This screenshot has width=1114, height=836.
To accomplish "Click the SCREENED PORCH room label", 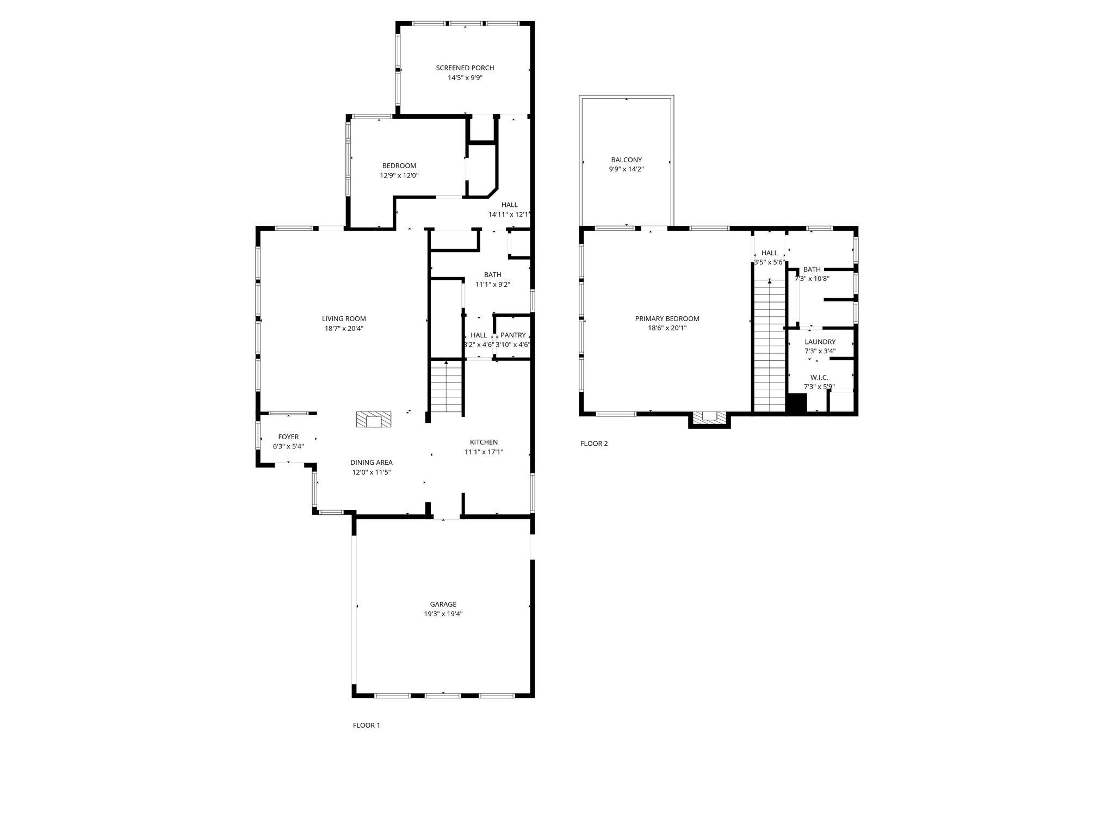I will pos(465,68).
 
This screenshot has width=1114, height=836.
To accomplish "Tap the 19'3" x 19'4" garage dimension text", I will pos(443,613).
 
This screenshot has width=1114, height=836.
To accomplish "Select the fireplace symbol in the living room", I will pos(374,420).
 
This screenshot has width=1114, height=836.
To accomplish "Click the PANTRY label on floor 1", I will pos(513,335).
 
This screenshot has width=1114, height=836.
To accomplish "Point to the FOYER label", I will pos(288,437).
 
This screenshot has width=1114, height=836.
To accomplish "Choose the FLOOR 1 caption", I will pos(366,725).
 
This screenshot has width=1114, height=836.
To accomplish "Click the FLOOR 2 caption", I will pos(594,443).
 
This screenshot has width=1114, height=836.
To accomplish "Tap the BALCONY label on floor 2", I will pos(626,160).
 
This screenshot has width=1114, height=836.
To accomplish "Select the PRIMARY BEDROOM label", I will pos(667,319).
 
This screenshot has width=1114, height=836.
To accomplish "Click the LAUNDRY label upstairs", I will pos(820,342).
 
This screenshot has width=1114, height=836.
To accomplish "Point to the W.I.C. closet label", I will pos(819,377).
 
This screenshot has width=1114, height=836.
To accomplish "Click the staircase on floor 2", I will pos(769,348).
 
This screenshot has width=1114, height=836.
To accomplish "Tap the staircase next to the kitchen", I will pos(446,388).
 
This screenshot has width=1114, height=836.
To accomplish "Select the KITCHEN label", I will pos(484,442).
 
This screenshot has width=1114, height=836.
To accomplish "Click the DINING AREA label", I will pos(371,463).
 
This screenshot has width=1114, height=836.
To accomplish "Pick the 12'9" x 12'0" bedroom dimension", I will pos(399,175).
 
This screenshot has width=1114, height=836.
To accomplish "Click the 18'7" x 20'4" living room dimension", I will pos(344,328).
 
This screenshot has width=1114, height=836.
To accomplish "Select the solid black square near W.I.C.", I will pos(797,403).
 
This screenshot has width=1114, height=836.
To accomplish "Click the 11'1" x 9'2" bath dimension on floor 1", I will pos(493,284).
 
